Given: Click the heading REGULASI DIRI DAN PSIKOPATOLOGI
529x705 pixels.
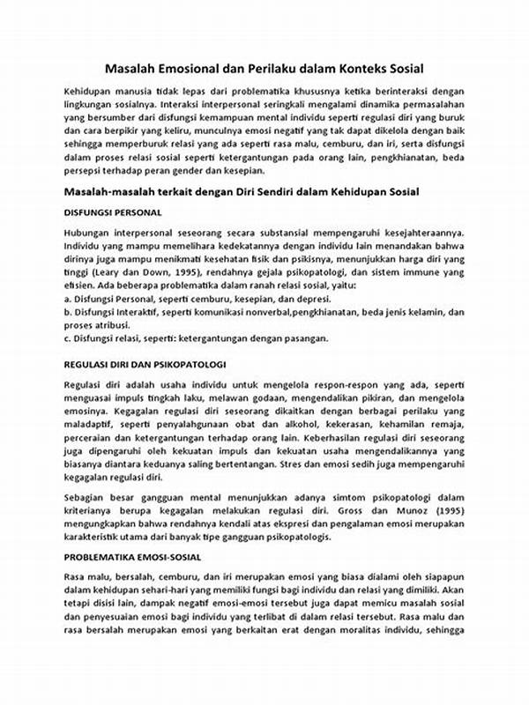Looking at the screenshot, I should pyautogui.click(x=145, y=363).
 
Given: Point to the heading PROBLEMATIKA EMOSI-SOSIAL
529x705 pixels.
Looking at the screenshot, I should pyautogui.click(x=133, y=558).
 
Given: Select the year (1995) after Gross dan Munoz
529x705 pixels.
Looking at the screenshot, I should pyautogui.click(x=443, y=511).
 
